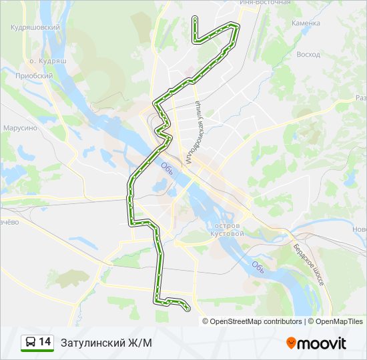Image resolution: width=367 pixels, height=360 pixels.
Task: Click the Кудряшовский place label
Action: click(x=36, y=27)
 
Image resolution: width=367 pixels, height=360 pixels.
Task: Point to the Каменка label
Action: click(x=306, y=23)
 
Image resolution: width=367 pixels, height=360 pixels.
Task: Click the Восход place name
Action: click(x=308, y=54)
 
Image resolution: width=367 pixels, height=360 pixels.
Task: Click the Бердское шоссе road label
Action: click(x=308, y=265)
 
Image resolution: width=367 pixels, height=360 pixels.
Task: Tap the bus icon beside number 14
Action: click(x=29, y=343)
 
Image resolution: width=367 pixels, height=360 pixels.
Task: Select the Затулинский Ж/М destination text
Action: click(x=106, y=343)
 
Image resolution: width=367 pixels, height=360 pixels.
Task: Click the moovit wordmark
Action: click(x=322, y=343)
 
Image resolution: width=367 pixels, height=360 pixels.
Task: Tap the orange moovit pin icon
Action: click(x=291, y=343)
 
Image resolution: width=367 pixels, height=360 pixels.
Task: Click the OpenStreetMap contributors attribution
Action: click(x=256, y=321)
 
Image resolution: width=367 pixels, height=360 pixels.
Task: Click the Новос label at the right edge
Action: click(x=359, y=229)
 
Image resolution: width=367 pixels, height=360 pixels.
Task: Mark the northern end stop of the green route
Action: click(x=194, y=17)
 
